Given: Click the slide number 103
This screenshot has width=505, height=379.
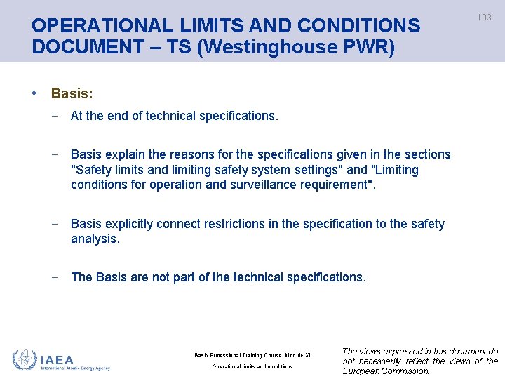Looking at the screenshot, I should point(485,18).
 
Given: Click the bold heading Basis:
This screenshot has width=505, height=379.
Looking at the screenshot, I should point(72,93).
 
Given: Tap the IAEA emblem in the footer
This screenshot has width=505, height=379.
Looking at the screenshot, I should point(25,359).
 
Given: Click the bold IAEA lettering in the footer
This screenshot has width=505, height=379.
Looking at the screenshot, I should point(57,359).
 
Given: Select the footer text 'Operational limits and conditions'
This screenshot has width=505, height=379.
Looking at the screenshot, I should point(252,366).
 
